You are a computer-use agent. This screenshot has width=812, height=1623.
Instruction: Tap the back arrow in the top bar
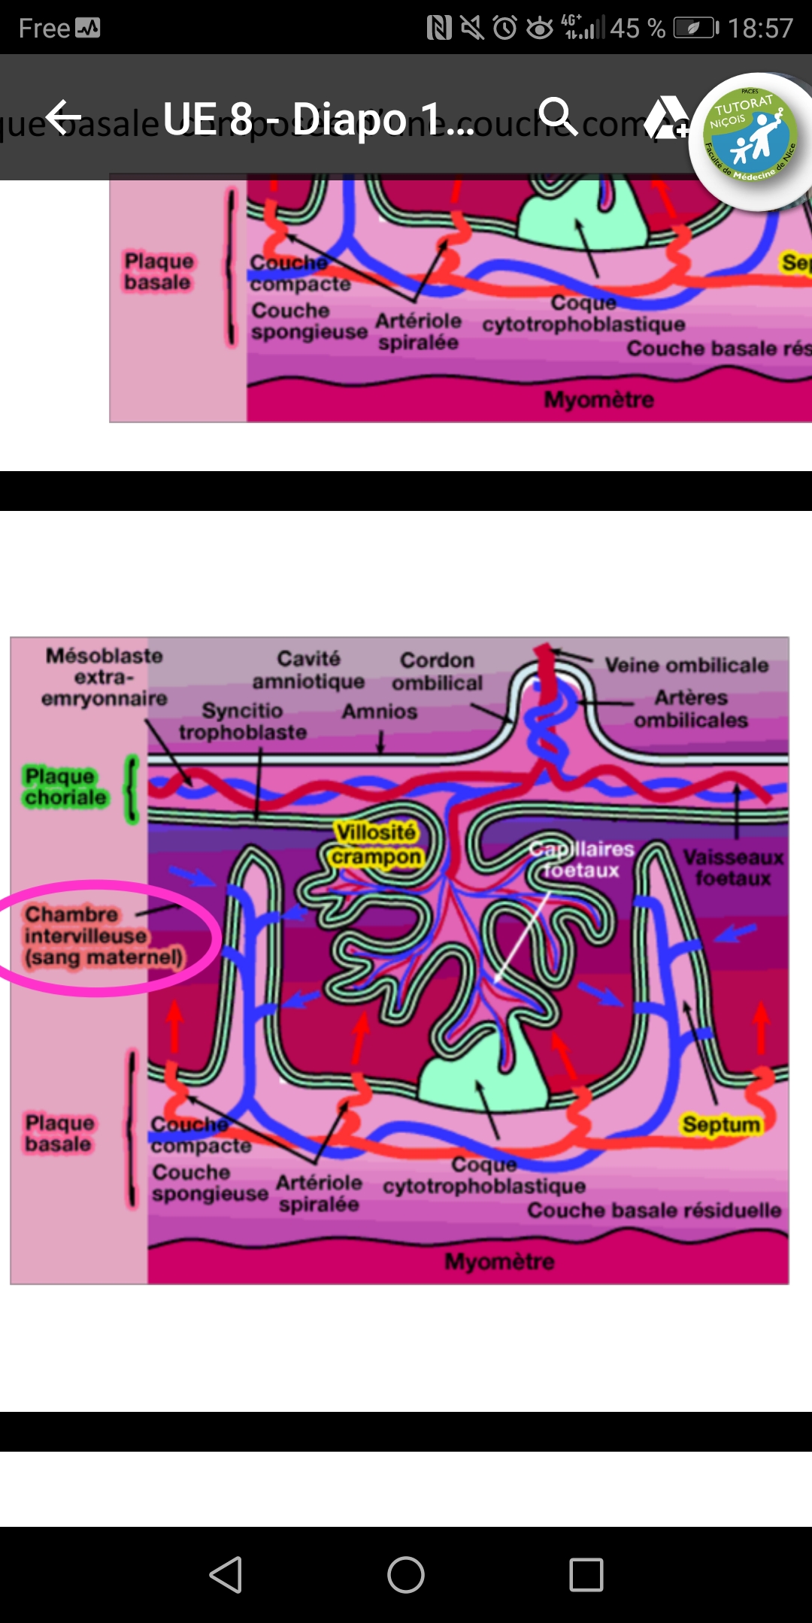63,117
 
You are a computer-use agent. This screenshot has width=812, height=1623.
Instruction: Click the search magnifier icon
557,116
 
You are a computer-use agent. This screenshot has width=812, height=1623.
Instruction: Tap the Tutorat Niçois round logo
752,140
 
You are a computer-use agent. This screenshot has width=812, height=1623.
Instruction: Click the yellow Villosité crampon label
376,845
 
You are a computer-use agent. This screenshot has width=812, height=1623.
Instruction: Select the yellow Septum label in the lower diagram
721,1124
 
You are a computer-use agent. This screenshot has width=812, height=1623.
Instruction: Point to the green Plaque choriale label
65,787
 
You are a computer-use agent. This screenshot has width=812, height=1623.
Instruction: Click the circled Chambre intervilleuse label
104,935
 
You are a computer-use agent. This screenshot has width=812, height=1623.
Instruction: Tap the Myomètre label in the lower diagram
499,1261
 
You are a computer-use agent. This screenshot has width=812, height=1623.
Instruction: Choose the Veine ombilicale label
686,665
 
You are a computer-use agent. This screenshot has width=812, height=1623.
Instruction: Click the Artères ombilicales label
690,709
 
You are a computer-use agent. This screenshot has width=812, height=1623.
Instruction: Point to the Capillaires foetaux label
581,860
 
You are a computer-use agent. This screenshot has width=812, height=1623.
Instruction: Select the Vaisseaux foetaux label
733,868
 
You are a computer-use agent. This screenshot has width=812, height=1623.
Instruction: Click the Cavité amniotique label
308,669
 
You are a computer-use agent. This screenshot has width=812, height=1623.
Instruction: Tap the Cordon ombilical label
437,671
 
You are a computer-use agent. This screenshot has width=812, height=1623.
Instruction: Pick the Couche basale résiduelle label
654,1210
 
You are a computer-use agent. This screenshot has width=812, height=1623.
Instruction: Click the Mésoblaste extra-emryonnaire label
104,677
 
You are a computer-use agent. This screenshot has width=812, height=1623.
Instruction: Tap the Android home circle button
406,1575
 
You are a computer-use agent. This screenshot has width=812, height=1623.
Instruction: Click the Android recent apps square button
586,1575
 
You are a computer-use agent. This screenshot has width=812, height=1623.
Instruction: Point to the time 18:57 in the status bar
760,29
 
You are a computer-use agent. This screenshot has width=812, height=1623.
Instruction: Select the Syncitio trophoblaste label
242,721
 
